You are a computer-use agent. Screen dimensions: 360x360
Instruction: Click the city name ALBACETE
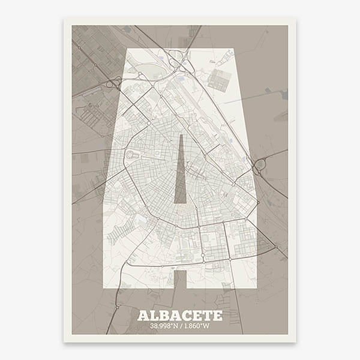click(x=180, y=316)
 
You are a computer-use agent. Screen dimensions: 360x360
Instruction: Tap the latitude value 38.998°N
click(x=158, y=327)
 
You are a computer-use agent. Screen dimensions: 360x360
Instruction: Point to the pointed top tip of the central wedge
click(x=180, y=136)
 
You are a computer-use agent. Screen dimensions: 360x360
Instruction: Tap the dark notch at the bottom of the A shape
click(x=180, y=279)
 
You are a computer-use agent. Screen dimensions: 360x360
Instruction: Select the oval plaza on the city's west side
click(x=130, y=155)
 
